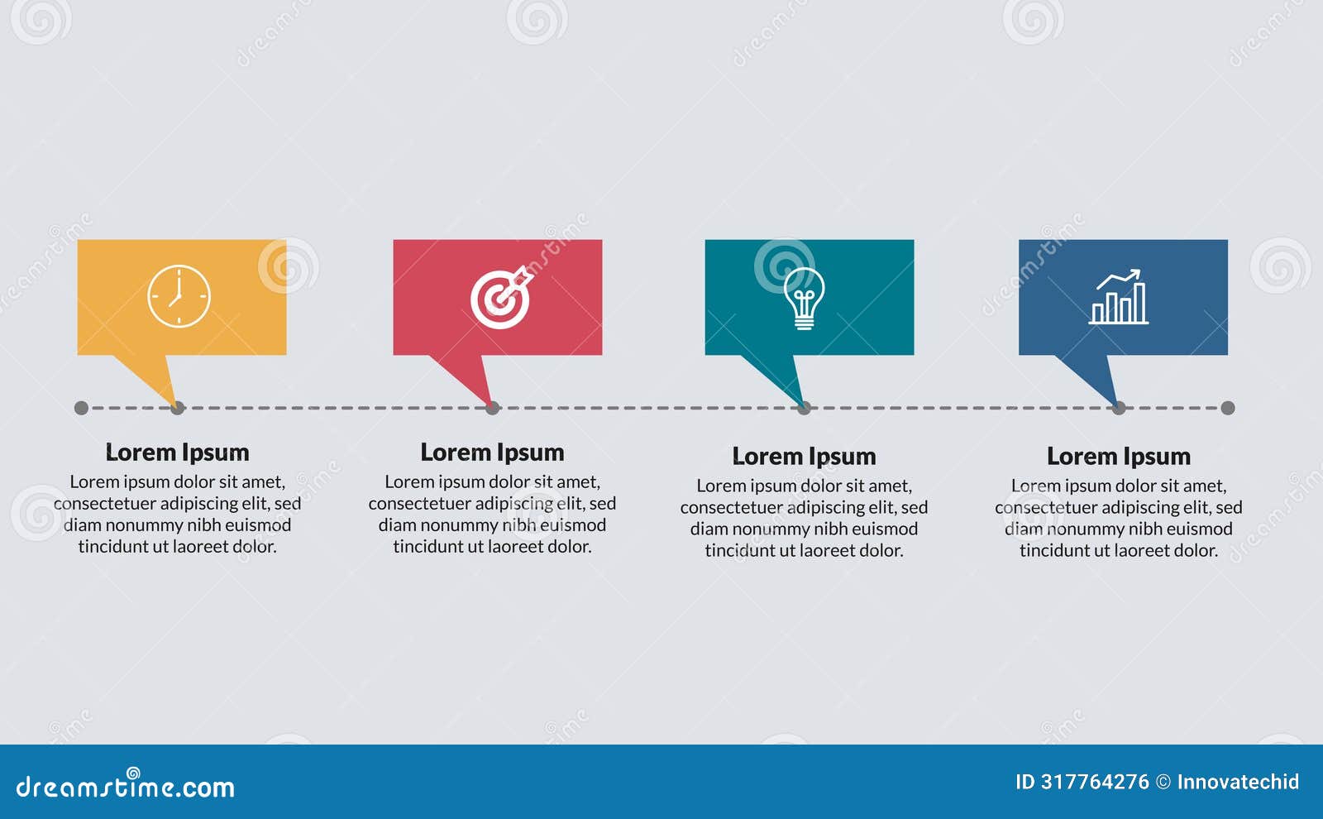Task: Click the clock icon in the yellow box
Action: click(x=179, y=296)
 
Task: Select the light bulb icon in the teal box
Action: click(x=804, y=299)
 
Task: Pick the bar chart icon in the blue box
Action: click(x=1119, y=297)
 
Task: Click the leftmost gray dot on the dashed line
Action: click(x=81, y=408)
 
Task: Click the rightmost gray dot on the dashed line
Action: click(x=1228, y=408)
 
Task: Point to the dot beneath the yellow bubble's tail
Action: click(x=178, y=408)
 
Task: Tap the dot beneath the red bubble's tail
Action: click(x=493, y=408)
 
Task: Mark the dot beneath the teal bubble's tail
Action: click(x=805, y=408)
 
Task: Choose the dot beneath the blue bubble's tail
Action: click(x=1119, y=408)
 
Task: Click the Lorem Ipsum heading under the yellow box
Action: click(x=177, y=453)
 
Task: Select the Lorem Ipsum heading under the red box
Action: click(x=492, y=453)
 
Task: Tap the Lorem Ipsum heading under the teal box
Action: click(x=804, y=457)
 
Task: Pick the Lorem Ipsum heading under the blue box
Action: click(x=1119, y=457)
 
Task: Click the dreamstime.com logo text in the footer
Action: click(x=126, y=786)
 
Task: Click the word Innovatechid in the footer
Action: click(x=1238, y=782)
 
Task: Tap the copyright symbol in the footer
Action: click(x=1163, y=782)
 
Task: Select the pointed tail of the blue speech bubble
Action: click(x=1096, y=376)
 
